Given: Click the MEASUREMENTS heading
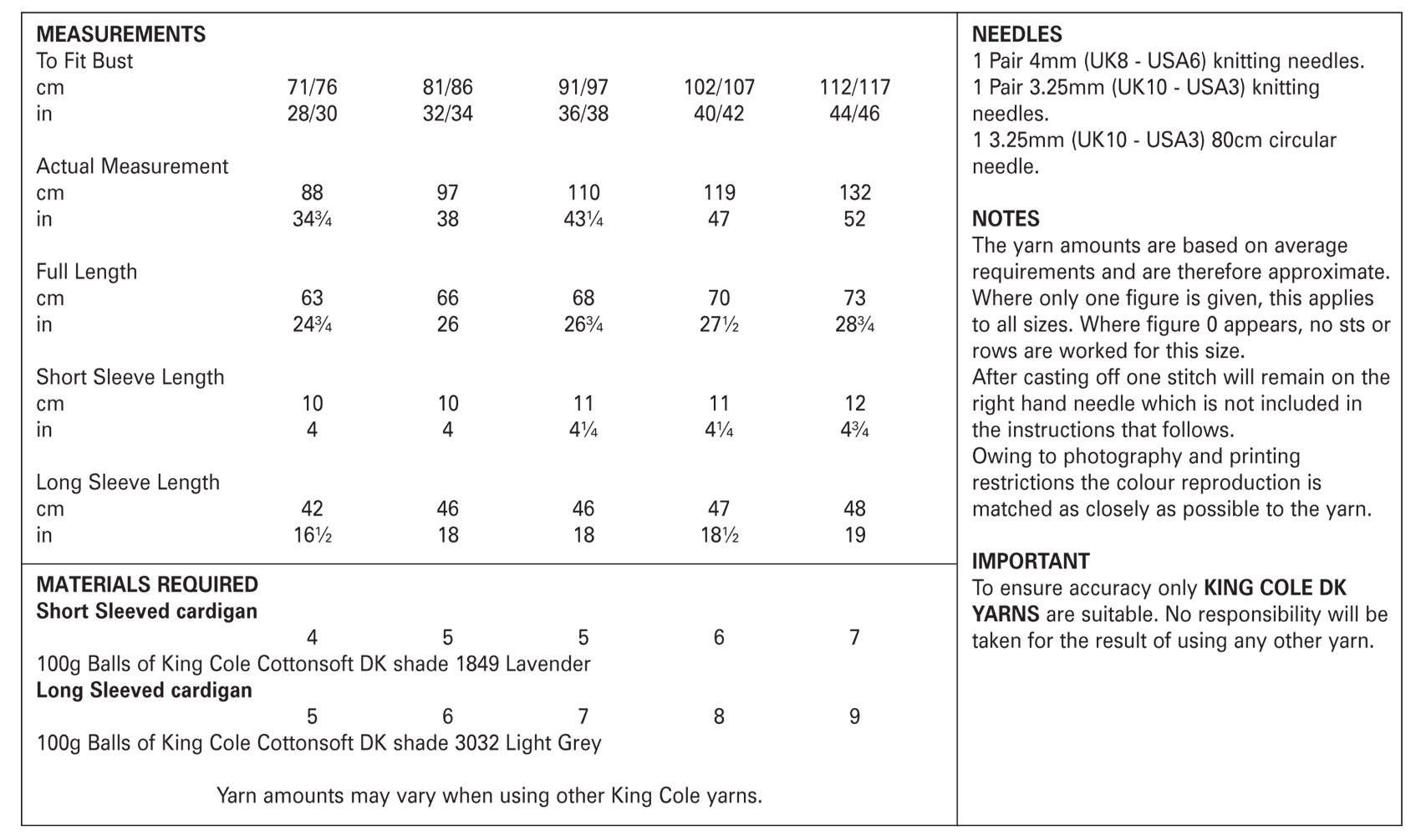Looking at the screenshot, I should click(x=120, y=34).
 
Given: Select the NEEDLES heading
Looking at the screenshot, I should click(x=1016, y=34).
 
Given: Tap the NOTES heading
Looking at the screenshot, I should click(x=1006, y=219).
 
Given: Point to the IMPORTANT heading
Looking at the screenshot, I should click(x=1031, y=561).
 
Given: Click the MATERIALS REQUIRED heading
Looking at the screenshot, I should click(x=147, y=584).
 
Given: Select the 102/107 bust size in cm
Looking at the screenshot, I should click(x=719, y=87).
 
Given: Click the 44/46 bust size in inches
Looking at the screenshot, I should click(x=854, y=114).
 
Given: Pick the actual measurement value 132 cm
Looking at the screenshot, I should click(x=854, y=192).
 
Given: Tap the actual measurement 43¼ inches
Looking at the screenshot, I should click(x=583, y=219).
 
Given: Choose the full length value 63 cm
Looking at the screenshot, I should click(x=312, y=298).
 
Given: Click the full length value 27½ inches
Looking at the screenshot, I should click(x=719, y=324).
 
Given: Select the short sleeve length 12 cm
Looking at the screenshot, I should click(x=854, y=403).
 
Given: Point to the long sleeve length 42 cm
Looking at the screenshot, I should click(x=312, y=508).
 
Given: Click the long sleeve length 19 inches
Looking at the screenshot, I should click(x=854, y=535).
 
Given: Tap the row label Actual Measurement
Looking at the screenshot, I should click(x=132, y=166).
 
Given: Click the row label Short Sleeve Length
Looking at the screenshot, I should click(x=130, y=377).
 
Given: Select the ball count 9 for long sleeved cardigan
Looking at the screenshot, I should click(x=854, y=716).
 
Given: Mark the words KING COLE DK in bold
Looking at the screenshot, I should click(x=1275, y=588).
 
